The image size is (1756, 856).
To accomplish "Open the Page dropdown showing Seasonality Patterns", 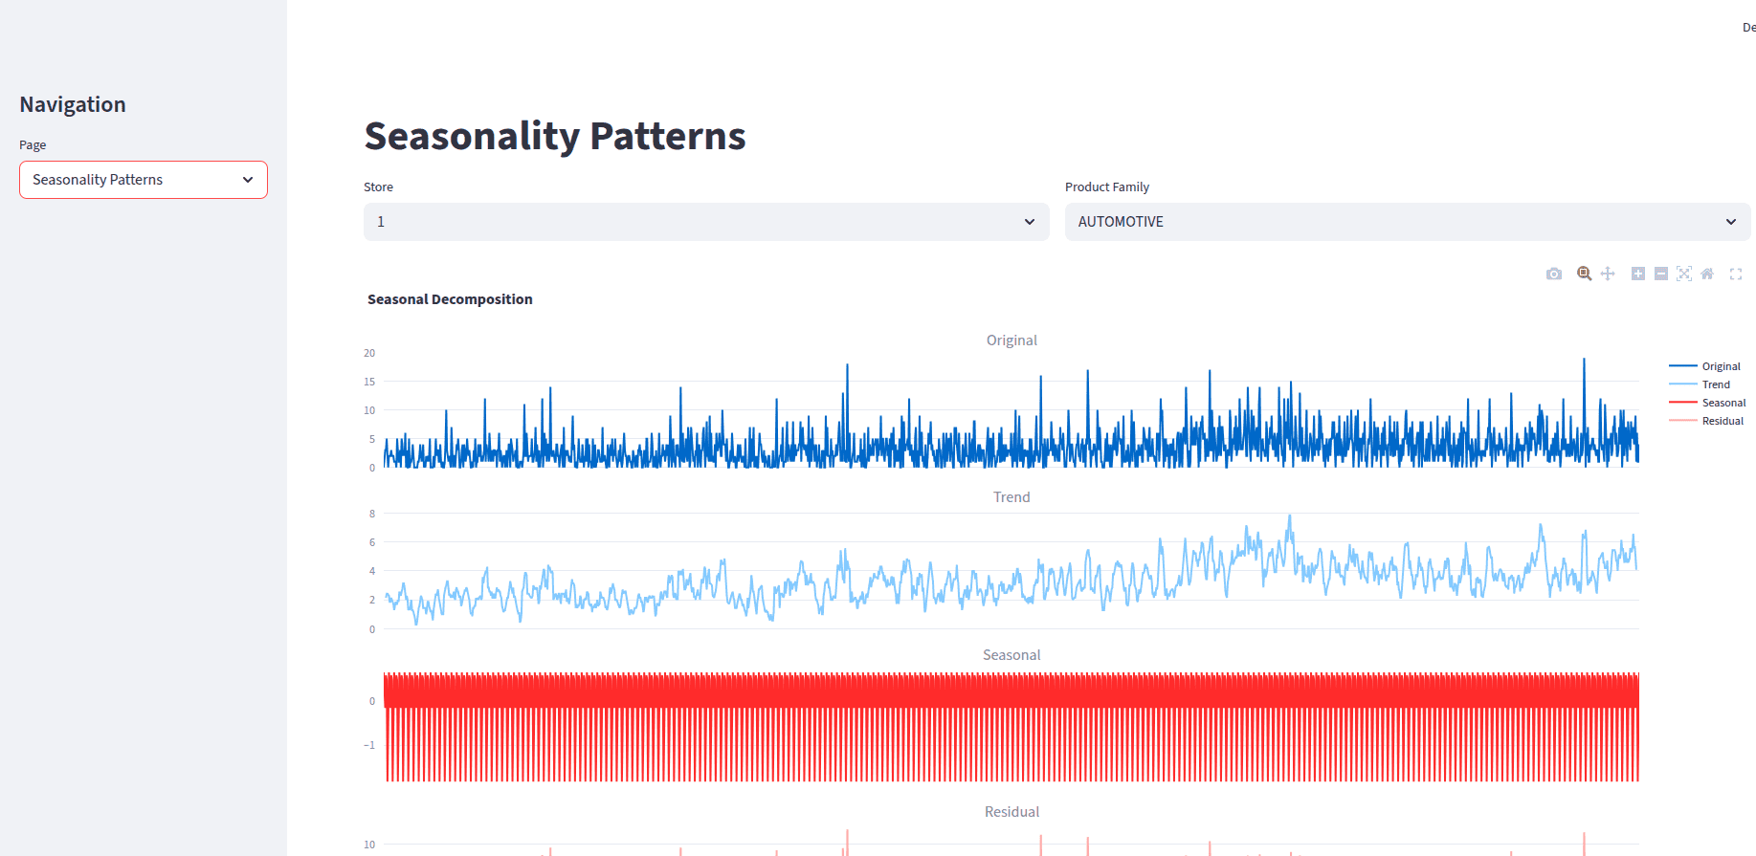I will point(144,180).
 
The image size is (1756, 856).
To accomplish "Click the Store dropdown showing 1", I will point(706,222).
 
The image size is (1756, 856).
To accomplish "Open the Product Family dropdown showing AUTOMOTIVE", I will point(1407,222).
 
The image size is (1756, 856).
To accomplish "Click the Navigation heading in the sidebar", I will point(73,104).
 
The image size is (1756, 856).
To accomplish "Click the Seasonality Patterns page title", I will point(555,136).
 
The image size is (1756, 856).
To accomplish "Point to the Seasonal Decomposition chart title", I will point(450,299).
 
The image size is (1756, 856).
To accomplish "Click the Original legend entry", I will point(1721,366).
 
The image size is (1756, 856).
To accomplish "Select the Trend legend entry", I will point(1716,384).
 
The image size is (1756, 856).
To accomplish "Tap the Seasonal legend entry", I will point(1723,403).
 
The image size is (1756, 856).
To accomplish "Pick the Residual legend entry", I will point(1723,421).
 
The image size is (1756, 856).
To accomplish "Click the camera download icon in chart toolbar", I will point(1554,274).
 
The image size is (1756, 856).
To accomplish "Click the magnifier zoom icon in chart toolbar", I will point(1585,274).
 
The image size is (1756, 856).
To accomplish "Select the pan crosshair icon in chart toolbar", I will point(1608,274).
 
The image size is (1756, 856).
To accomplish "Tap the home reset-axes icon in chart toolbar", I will point(1707,274).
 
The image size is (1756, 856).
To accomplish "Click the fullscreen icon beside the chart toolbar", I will point(1736,274).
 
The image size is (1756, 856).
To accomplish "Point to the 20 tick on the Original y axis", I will point(369,353).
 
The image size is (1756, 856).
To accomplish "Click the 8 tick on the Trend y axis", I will point(372,514).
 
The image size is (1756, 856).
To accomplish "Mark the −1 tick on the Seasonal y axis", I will point(369,745).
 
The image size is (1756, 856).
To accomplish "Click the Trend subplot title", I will point(1011,497).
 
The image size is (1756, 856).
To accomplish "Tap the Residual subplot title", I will point(1011,812).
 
